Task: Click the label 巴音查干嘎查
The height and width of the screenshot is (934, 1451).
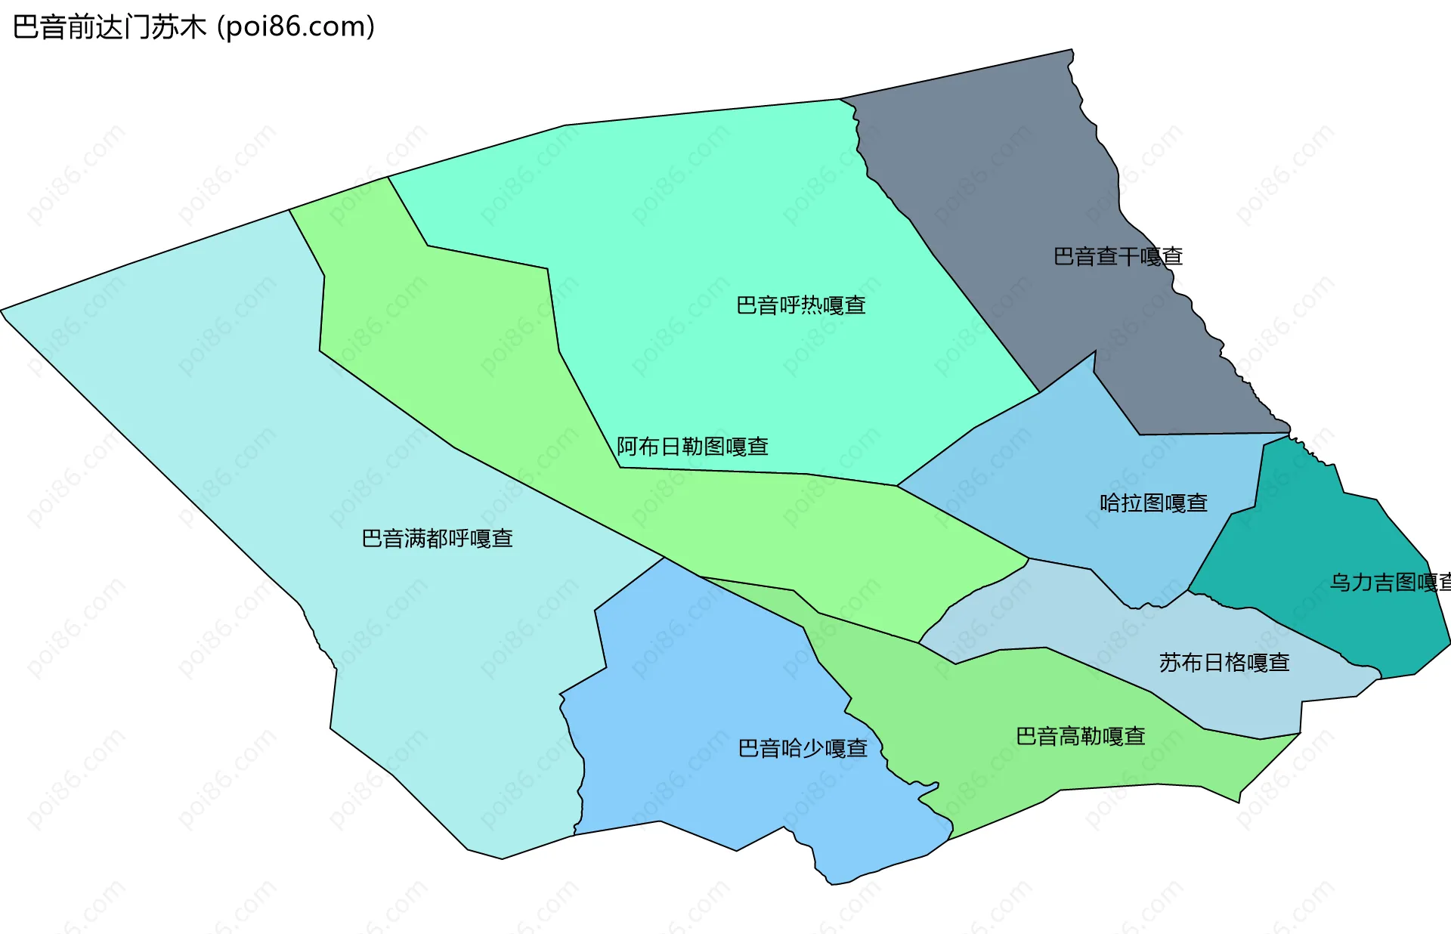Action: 1118,257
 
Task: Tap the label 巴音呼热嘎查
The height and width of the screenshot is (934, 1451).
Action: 800,305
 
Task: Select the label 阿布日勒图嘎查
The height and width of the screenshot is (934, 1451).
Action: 692,447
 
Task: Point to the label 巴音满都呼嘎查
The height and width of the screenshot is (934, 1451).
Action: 437,539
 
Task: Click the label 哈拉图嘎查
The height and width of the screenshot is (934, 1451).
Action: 1153,503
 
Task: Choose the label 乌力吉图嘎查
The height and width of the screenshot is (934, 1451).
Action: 1389,583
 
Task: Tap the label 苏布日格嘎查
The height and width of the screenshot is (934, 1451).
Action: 1224,663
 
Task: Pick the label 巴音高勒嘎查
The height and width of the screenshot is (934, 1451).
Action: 1080,736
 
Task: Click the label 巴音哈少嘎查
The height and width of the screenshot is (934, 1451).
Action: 803,748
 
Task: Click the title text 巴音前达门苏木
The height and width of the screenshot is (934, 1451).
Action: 110,27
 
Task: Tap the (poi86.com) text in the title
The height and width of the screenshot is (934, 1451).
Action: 295,27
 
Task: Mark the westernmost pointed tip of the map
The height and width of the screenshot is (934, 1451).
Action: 2,310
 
